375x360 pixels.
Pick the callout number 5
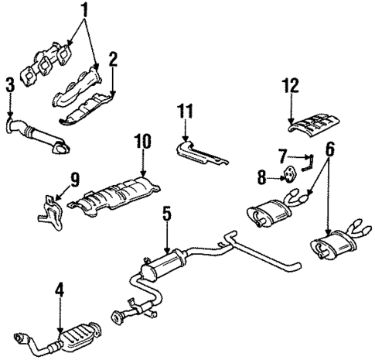[x=165, y=213]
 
